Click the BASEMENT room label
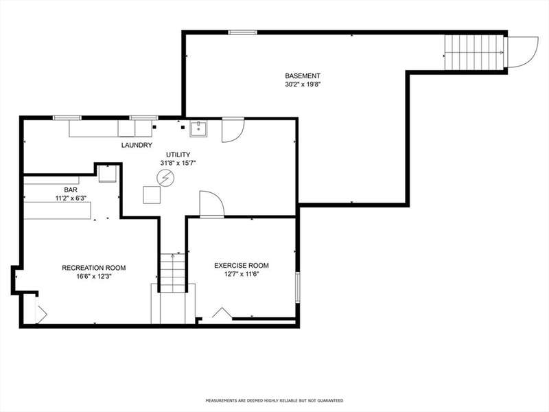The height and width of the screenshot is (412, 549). [303, 76]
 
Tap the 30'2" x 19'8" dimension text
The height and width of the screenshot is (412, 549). [303, 84]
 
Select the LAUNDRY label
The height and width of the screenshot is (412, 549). [137, 145]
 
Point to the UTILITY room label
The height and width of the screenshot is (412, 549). [178, 154]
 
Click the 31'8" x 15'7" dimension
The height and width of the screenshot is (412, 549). [178, 163]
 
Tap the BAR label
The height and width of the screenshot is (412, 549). [71, 190]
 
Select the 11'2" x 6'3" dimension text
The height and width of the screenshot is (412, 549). [71, 198]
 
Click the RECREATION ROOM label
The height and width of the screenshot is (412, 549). [94, 268]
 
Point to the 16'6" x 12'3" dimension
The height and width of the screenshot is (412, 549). [94, 276]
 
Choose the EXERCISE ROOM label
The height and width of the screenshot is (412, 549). [242, 266]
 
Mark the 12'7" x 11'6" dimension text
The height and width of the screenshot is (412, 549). [242, 274]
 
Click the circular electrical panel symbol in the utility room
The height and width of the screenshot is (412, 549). [164, 178]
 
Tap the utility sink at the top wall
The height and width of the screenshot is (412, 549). [198, 129]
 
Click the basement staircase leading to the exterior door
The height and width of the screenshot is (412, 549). [474, 52]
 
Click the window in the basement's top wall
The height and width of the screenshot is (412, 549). [243, 32]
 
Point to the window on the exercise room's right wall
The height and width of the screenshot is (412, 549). [298, 287]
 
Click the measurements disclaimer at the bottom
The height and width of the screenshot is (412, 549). [274, 400]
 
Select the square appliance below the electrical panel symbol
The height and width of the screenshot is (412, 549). [152, 195]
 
